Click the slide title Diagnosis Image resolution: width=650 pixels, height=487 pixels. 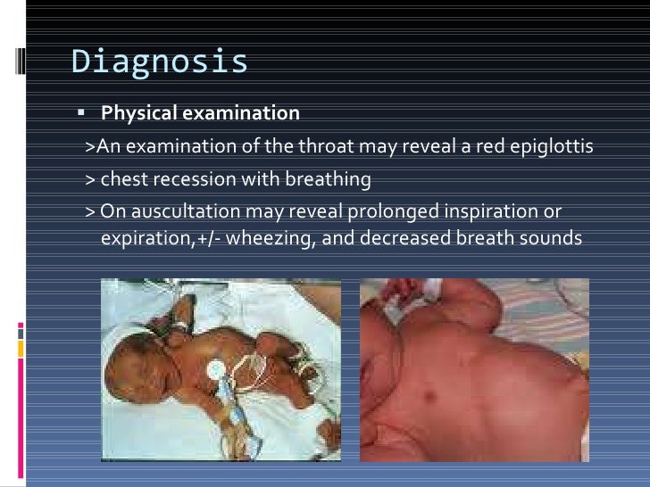(159, 62)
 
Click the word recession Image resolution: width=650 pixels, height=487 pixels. (187, 179)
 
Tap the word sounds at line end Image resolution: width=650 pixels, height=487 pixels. (553, 238)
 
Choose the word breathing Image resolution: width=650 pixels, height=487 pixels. (327, 179)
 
